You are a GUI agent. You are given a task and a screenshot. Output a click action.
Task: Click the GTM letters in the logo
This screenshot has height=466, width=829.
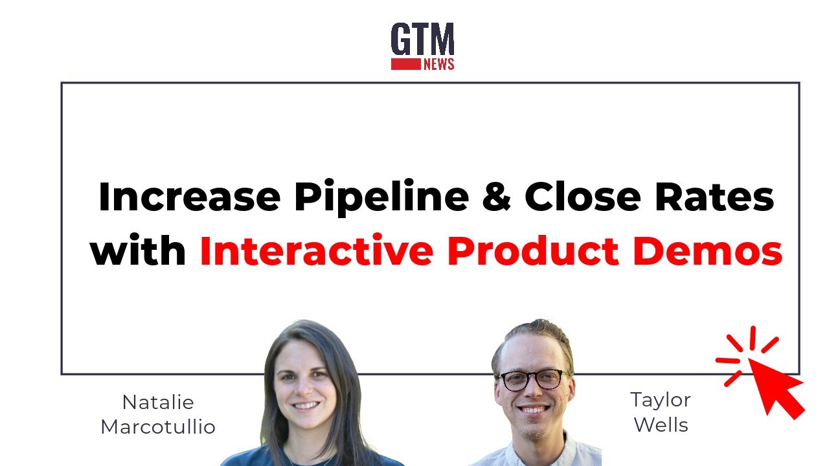coord(422,40)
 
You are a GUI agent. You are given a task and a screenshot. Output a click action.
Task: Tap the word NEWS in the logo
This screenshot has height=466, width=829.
coord(438,64)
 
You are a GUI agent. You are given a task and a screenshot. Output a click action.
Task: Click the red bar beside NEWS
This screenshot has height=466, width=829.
coord(405,64)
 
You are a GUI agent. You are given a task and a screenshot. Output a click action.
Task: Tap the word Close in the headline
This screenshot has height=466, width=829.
coord(583,197)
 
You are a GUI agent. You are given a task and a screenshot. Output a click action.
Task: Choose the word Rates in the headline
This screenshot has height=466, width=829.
coord(714,197)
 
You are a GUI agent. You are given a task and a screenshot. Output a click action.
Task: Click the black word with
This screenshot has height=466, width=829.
coord(138,251)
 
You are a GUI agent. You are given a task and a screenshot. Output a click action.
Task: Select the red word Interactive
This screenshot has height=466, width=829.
coord(316,251)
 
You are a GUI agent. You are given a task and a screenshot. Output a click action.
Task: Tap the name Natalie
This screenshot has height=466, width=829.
coord(158,403)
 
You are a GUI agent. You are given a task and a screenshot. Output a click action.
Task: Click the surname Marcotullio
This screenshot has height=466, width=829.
coord(158,427)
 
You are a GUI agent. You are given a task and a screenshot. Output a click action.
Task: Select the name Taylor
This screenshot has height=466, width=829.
coord(661,400)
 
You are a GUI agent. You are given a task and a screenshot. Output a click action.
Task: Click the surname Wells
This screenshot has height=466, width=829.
coord(661,425)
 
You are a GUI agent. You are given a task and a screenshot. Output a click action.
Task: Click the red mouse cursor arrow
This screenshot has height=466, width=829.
coord(774,385)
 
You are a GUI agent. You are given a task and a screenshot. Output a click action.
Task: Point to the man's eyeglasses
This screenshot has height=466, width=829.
coord(532,379)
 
